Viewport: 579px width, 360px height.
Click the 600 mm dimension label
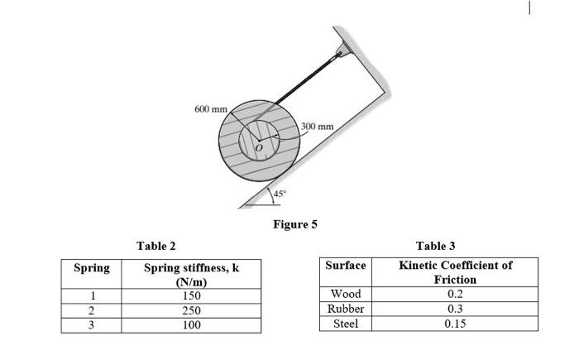tap(209, 109)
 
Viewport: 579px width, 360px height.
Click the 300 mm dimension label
tap(317, 127)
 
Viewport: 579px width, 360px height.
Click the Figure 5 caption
tap(295, 224)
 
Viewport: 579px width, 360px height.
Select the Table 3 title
tap(435, 246)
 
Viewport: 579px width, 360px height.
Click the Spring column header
tap(92, 268)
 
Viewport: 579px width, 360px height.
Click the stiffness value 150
tap(191, 295)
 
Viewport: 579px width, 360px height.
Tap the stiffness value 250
tap(191, 310)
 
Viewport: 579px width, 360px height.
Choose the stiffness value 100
tap(191, 325)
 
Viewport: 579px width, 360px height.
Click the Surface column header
tap(346, 266)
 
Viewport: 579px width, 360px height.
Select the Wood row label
tap(346, 294)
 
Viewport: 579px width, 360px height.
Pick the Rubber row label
tap(346, 309)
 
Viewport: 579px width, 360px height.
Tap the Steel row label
tap(346, 324)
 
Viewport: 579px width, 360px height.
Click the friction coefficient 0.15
tap(455, 324)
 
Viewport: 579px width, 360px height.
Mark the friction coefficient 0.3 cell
tap(455, 309)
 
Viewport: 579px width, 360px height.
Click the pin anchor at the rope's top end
tap(340, 55)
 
